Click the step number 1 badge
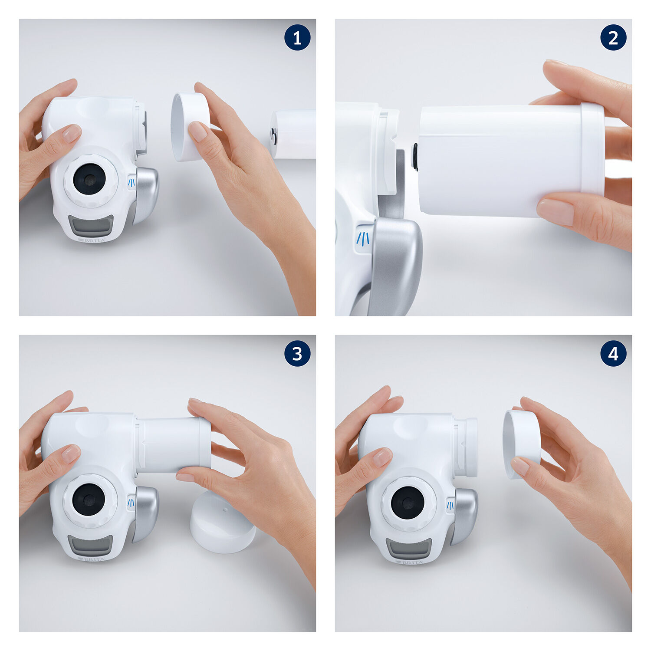pos(297,37)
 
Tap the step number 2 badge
pos(613,37)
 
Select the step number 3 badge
pos(297,353)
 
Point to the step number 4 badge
pos(613,353)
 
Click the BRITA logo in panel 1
pos(92,240)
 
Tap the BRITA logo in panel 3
pos(92,559)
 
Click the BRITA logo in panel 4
pos(409,562)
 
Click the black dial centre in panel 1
pos(89,179)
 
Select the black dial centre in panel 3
pos(89,500)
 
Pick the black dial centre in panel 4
pos(408,503)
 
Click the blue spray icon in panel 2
pos(363,239)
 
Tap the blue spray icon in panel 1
pos(132,183)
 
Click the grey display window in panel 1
pos(91,226)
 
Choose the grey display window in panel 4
pos(409,549)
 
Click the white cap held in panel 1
pos(190,127)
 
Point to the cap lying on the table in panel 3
pos(222,522)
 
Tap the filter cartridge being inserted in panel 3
pos(174,445)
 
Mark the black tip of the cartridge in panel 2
pos(415,157)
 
